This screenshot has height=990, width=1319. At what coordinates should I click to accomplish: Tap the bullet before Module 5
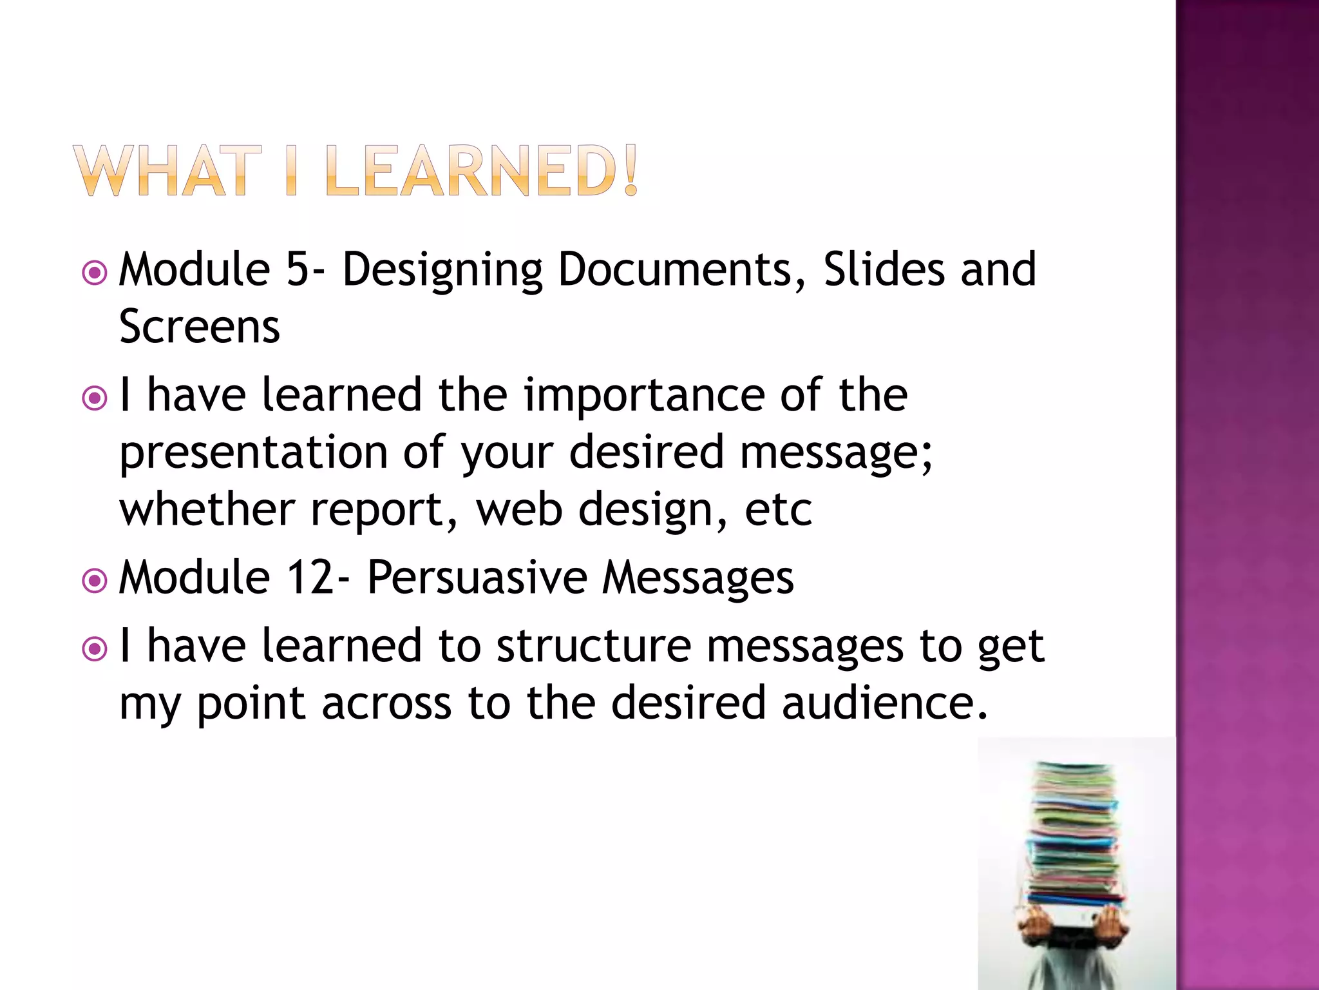tap(95, 273)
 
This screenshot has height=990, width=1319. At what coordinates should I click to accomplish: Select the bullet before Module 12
tap(95, 581)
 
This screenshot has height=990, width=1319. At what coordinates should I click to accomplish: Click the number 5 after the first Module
tap(298, 269)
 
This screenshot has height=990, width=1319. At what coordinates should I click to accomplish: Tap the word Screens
tap(200, 327)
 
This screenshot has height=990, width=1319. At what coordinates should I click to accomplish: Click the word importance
tap(643, 394)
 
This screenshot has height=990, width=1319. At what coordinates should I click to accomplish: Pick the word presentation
tap(254, 452)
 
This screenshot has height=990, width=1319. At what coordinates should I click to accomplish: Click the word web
tap(519, 509)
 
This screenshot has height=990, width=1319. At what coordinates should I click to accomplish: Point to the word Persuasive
tap(477, 577)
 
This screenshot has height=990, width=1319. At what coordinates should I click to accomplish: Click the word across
tap(386, 703)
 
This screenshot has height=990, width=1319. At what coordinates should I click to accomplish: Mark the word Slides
tap(884, 269)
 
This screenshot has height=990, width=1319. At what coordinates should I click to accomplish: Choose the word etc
tap(778, 509)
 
